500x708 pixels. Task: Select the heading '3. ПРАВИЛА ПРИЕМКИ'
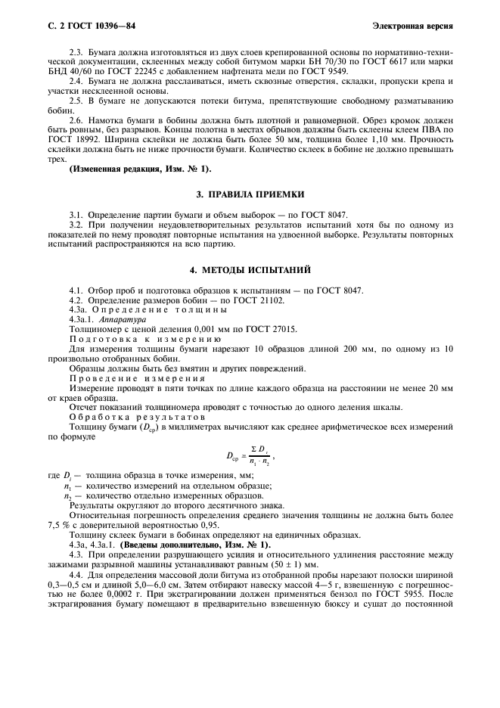(250, 194)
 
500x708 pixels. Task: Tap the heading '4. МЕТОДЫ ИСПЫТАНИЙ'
(250, 270)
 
